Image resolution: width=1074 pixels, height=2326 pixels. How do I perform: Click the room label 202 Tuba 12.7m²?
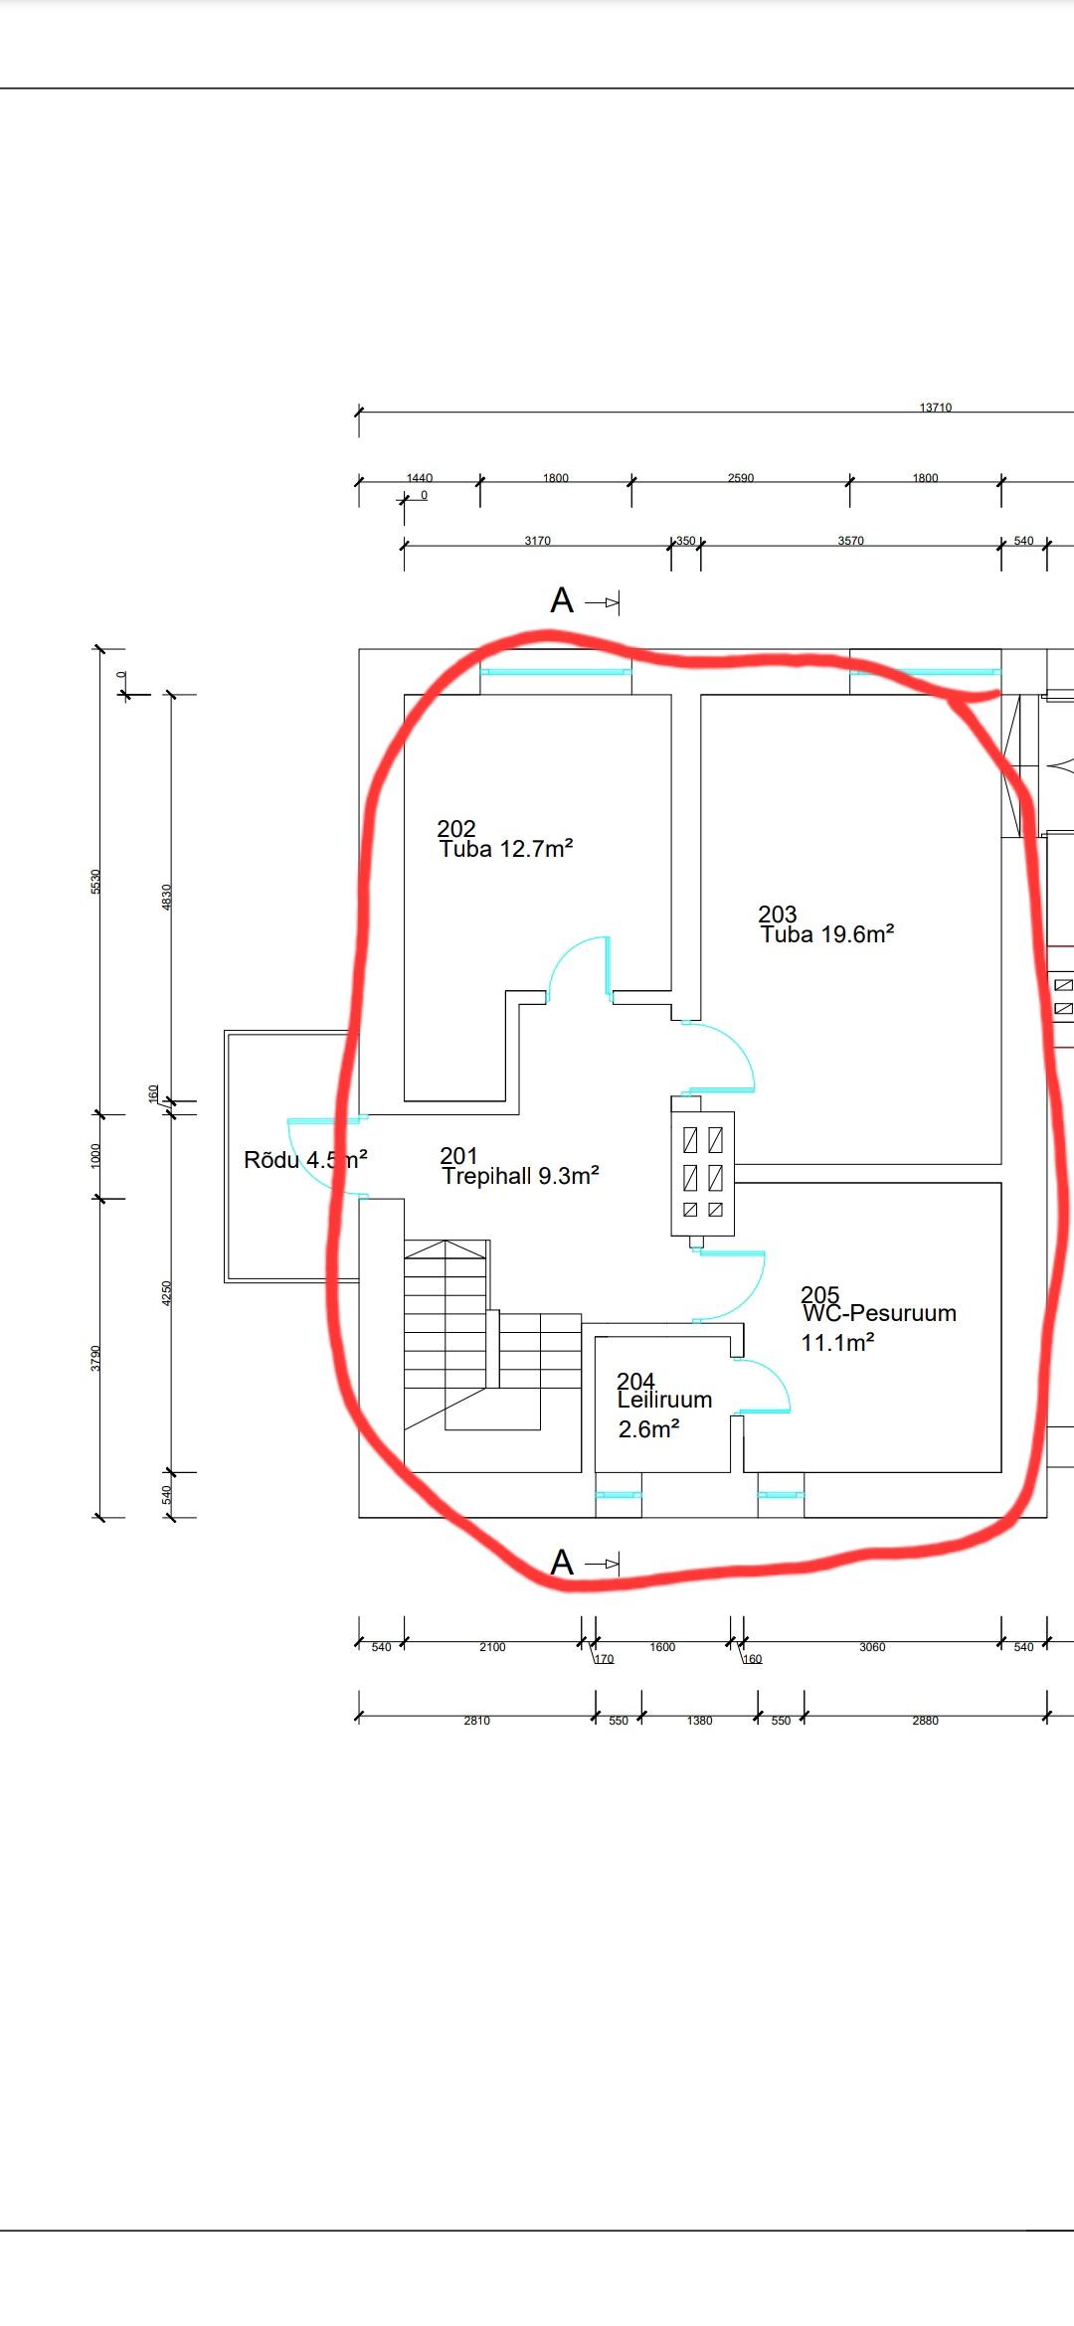coord(505,839)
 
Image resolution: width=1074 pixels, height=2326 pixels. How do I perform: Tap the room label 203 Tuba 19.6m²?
coord(826,924)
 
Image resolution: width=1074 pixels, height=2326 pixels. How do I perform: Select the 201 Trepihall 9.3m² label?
coord(519,1167)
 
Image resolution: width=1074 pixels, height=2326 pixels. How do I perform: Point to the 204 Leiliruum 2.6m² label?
coord(663,1405)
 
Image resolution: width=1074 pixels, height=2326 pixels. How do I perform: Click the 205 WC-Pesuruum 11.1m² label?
coord(878,1318)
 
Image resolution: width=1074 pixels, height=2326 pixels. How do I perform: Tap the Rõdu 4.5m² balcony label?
coord(305,1160)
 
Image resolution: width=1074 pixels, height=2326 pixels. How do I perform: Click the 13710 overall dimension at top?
coord(935,408)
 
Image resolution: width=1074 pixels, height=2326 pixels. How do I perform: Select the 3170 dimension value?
coord(537,541)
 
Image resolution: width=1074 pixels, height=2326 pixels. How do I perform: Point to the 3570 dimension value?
coord(850,541)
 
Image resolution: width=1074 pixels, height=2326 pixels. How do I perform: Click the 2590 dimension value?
coord(740,478)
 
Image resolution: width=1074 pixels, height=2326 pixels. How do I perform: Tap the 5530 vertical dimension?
coord(96,881)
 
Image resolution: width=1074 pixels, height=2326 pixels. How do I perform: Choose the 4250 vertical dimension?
coord(167,1292)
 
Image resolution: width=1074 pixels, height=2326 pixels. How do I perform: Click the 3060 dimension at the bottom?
coord(871,1647)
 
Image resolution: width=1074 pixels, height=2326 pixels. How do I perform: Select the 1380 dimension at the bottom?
coord(699,1721)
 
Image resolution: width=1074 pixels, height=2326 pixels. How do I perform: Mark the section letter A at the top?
coord(562,601)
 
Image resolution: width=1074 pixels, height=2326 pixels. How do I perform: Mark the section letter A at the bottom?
coord(562,1563)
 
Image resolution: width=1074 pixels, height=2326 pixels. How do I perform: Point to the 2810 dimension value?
coord(476,1721)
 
